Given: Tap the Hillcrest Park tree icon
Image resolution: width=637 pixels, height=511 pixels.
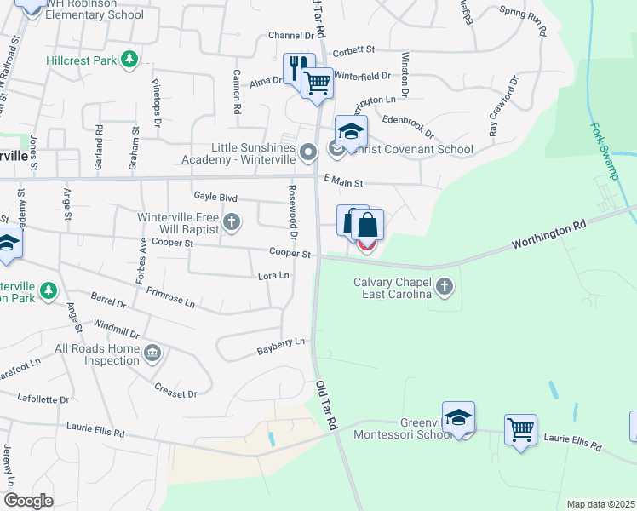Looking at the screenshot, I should (129, 60).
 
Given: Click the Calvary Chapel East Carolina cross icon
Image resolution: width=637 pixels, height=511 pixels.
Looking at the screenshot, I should (444, 287).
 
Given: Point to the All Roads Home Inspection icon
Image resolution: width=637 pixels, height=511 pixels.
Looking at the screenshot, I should (152, 353).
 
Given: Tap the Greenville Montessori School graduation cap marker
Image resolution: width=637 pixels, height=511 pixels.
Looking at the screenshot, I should (457, 417).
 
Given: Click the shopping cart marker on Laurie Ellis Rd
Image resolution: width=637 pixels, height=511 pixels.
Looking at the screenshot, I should (520, 428).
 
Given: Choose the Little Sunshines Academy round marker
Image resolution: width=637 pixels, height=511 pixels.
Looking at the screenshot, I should (308, 152).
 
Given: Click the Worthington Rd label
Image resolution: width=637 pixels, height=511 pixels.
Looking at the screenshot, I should (549, 236).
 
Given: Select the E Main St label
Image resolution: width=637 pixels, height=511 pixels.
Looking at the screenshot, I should (344, 182).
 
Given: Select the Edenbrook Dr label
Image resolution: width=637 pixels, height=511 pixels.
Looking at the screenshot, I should (409, 127).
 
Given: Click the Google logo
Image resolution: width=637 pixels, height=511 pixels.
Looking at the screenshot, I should (28, 501).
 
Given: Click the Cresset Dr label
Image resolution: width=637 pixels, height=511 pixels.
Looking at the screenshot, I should (175, 393).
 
